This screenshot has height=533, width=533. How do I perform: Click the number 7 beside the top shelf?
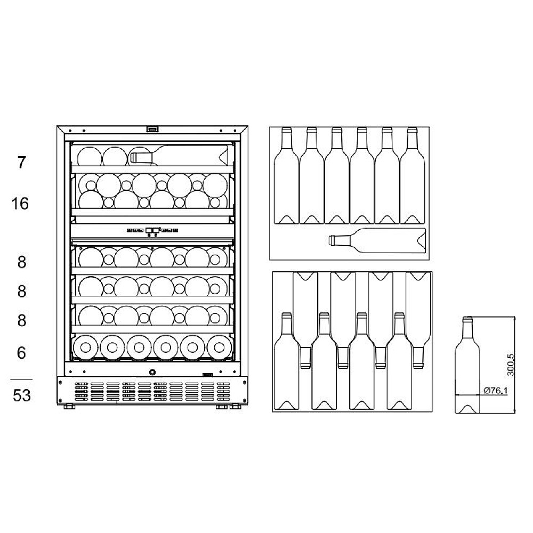tap(21, 162)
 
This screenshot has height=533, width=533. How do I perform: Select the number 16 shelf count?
tap(20, 204)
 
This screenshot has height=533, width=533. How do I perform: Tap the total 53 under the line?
tap(22, 395)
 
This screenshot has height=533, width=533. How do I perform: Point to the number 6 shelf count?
tap(21, 352)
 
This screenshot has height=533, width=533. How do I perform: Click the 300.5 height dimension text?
tap(510, 365)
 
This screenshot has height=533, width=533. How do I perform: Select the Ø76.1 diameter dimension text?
tap(495, 390)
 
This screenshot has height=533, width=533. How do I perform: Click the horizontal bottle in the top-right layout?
tap(377, 241)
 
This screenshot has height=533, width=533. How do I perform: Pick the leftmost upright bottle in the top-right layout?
tap(286, 175)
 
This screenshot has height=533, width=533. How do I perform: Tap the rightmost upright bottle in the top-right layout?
tap(413, 175)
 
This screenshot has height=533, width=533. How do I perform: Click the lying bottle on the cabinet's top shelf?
tap(179, 156)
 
